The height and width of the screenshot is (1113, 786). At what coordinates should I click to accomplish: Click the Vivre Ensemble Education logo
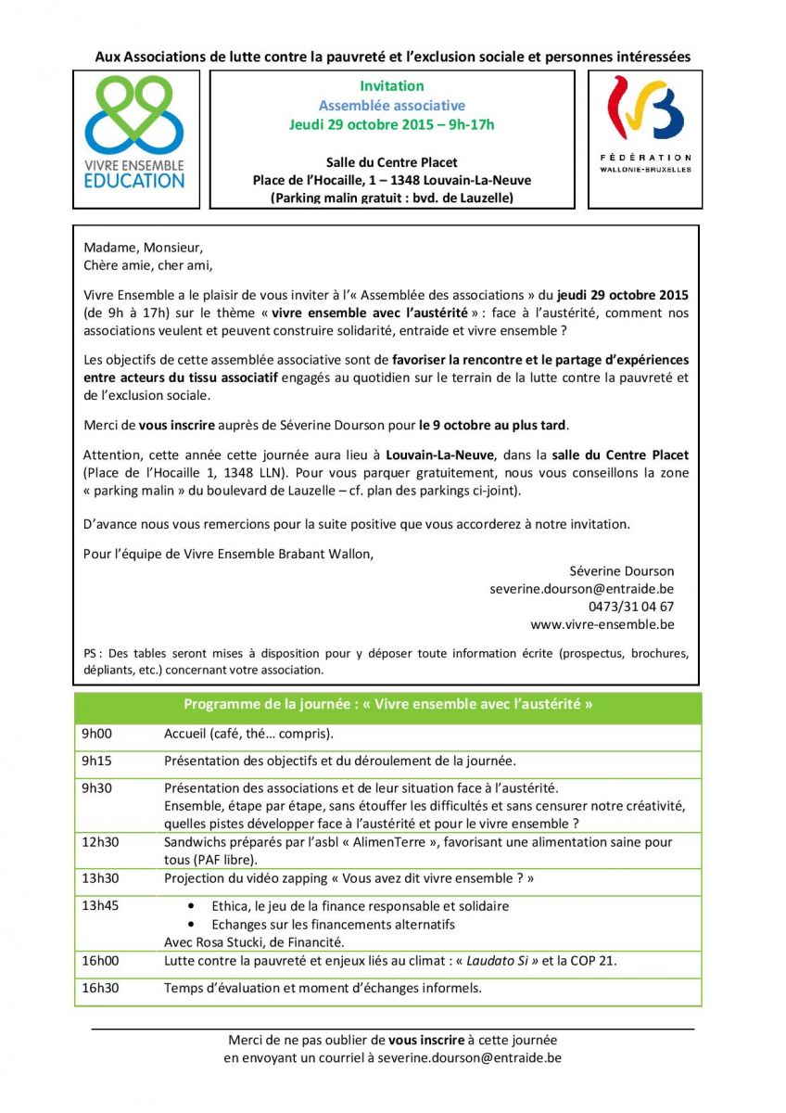pyautogui.click(x=134, y=134)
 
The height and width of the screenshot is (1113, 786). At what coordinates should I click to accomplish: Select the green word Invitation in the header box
pyautogui.click(x=392, y=86)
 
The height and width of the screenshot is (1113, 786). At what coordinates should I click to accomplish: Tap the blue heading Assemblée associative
pyautogui.click(x=392, y=106)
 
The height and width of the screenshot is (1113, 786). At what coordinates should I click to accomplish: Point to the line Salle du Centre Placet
pyautogui.click(x=392, y=162)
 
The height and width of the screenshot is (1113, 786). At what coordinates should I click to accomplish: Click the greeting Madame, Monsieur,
pyautogui.click(x=143, y=248)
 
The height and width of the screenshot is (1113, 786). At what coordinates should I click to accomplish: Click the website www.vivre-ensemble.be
pyautogui.click(x=602, y=624)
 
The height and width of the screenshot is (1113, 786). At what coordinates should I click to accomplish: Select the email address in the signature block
pyautogui.click(x=582, y=589)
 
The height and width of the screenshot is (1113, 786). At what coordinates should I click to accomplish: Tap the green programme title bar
pyautogui.click(x=387, y=704)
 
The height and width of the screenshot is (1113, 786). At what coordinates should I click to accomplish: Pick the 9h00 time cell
pyautogui.click(x=96, y=734)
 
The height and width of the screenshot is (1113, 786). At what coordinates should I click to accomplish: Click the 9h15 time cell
pyautogui.click(x=96, y=761)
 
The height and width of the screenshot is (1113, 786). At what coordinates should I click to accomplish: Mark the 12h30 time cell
pyautogui.click(x=100, y=842)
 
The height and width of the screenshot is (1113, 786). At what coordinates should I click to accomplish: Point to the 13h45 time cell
pyautogui.click(x=100, y=906)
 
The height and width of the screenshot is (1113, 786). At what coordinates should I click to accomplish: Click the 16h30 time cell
pyautogui.click(x=100, y=988)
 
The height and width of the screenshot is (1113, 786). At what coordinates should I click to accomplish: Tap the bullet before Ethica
pyautogui.click(x=191, y=906)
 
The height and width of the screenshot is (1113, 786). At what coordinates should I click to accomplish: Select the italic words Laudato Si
pyautogui.click(x=494, y=961)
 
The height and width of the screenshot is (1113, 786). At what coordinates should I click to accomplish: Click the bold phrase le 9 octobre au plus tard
pyautogui.click(x=492, y=426)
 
